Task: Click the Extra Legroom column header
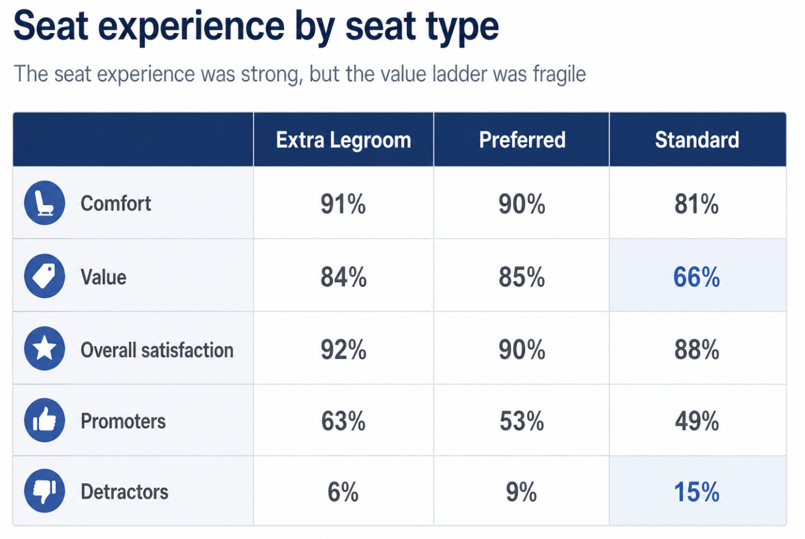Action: (343, 140)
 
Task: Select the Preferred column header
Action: (522, 140)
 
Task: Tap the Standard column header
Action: (697, 140)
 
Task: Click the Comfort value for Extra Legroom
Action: (343, 204)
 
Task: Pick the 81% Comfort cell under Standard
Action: (696, 204)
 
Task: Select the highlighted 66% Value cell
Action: (696, 277)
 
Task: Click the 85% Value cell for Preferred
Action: (521, 277)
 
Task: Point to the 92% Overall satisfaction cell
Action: (343, 350)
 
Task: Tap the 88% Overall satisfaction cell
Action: (696, 350)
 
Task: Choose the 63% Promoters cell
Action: (343, 421)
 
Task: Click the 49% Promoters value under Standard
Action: (697, 421)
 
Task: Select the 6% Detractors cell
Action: (343, 492)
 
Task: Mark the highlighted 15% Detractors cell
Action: (696, 492)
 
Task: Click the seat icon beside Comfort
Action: (44, 203)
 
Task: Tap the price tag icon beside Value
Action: (44, 276)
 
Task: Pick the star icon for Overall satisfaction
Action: (44, 349)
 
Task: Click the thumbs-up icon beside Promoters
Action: (44, 420)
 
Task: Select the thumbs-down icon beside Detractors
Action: (44, 491)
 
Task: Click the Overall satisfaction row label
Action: (157, 350)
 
